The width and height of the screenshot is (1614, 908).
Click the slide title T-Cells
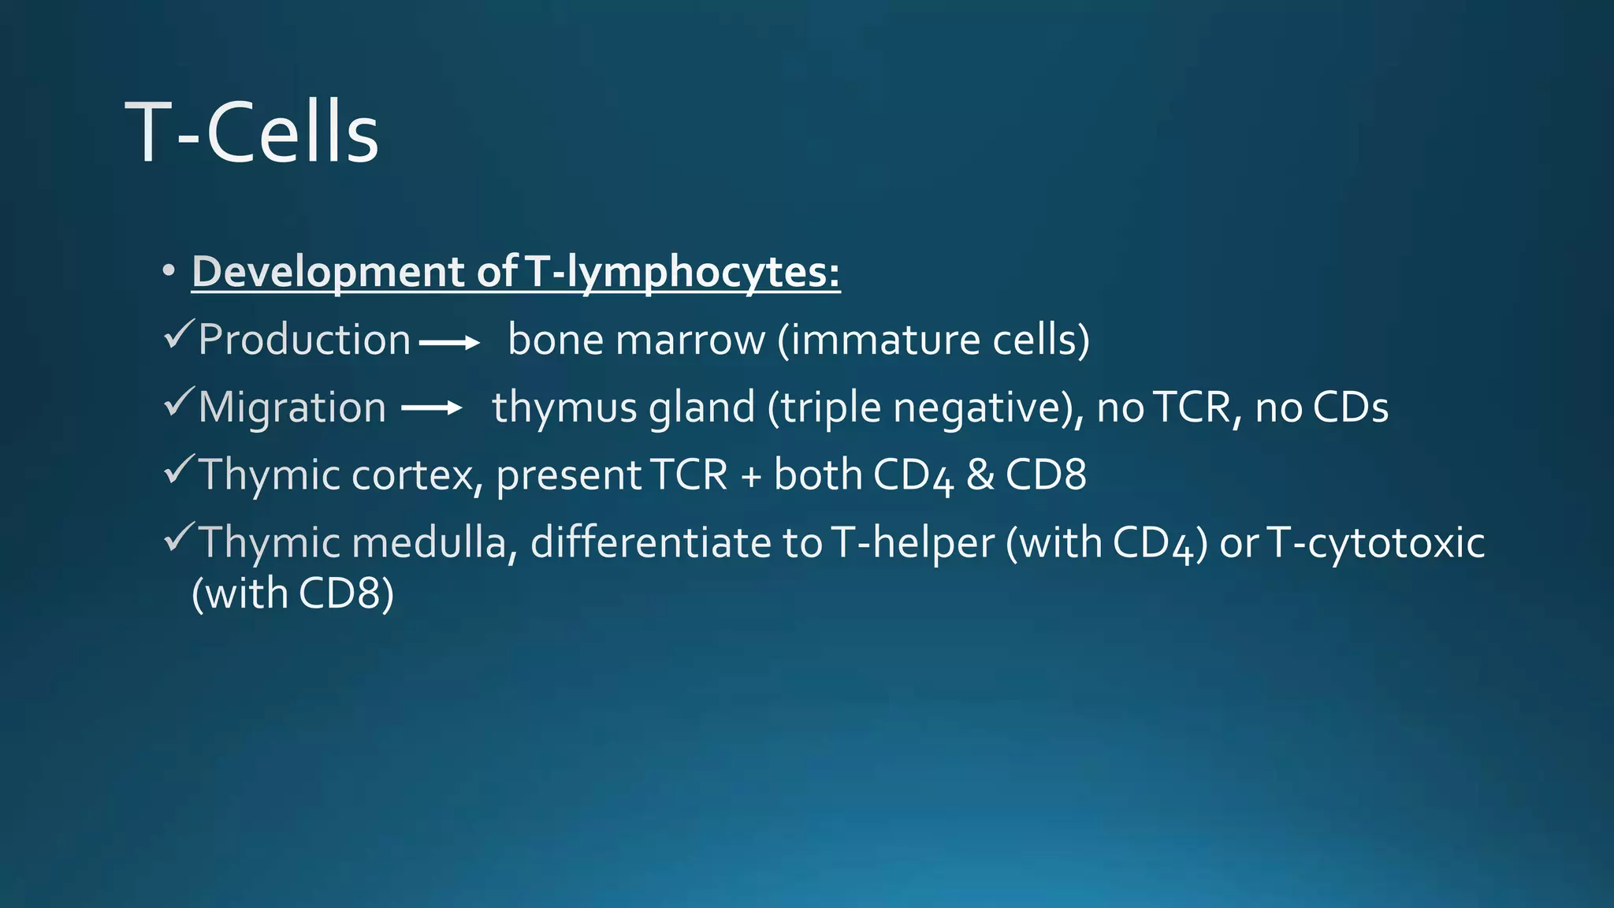click(x=252, y=132)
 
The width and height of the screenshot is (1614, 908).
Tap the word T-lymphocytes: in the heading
click(x=682, y=272)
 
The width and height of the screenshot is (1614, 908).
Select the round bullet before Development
click(x=168, y=271)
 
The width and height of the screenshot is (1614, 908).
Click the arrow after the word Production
click(x=449, y=343)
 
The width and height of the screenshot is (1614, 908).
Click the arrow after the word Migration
click(x=431, y=407)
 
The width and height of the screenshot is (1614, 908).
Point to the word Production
click(x=304, y=340)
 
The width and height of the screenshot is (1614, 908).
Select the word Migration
click(x=292, y=407)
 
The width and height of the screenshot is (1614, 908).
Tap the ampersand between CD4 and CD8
click(x=980, y=475)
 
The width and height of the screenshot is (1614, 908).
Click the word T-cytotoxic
click(x=1375, y=543)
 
